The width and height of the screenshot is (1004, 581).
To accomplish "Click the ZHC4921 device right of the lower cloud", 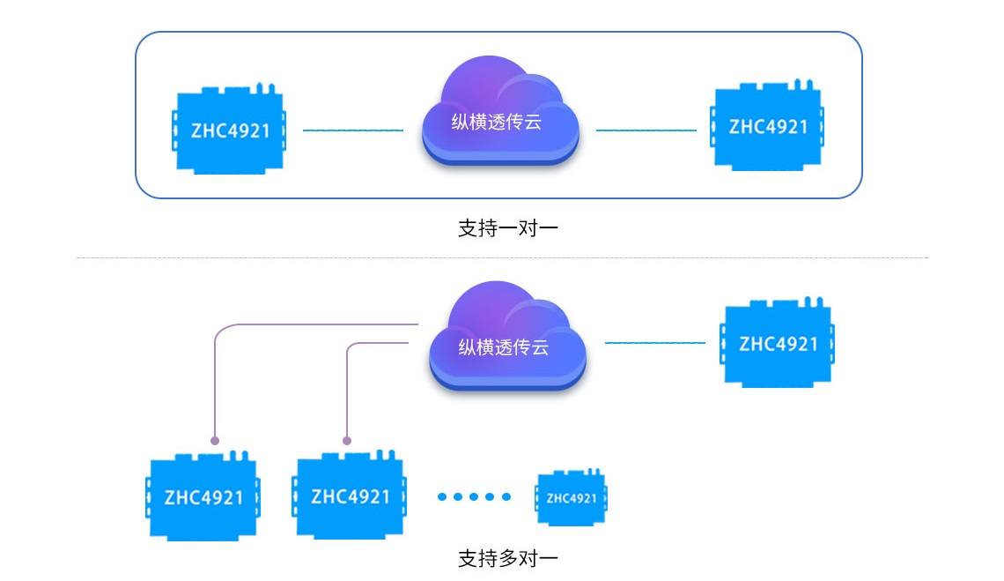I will (x=779, y=344).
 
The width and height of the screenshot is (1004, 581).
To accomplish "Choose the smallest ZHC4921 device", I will (x=572, y=498).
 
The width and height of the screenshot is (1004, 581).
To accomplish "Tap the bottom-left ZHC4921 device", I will (x=203, y=497).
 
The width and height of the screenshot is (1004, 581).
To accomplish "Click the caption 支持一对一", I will (x=508, y=228).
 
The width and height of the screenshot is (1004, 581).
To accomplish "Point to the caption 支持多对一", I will (x=508, y=558).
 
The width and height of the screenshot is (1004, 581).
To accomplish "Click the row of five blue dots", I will (x=474, y=496).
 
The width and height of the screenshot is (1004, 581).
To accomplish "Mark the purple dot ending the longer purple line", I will (x=215, y=439).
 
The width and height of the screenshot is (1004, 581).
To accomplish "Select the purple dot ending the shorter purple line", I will (x=347, y=439).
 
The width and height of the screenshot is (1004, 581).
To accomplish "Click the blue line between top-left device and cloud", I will (x=352, y=130).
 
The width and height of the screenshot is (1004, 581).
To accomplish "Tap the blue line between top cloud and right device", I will (x=646, y=130).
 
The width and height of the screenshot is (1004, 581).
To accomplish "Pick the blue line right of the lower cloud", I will (x=654, y=342).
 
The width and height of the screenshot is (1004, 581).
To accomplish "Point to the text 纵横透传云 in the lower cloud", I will (x=504, y=347).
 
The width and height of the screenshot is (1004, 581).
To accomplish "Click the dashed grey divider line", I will (x=502, y=258).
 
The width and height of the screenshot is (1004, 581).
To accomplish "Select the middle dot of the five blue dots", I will (x=474, y=496).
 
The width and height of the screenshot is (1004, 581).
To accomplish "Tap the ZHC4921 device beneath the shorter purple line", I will (x=350, y=497).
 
